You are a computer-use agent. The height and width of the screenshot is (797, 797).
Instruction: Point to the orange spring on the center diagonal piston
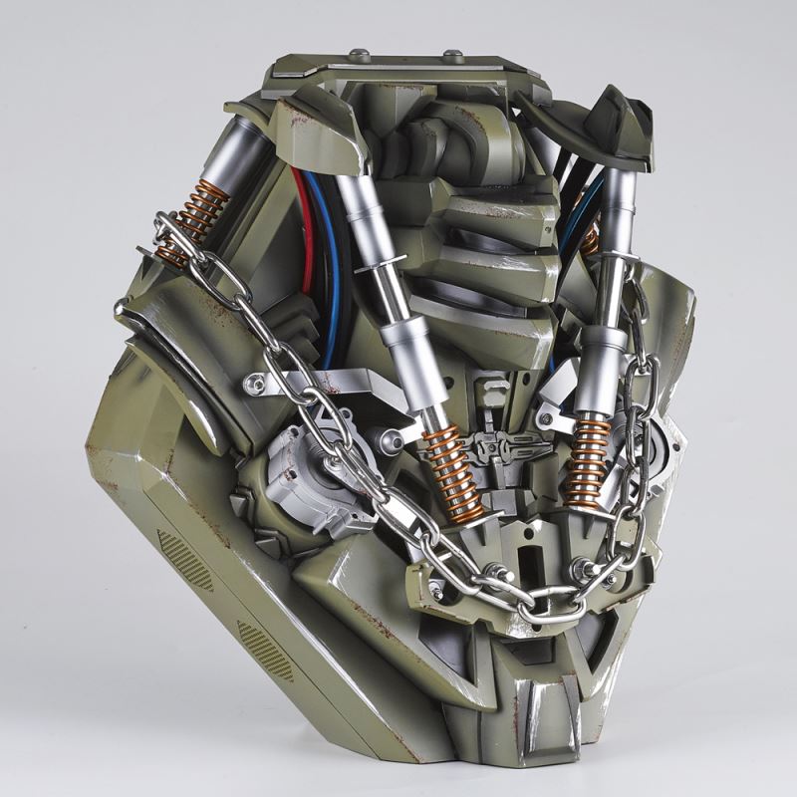click(453, 473)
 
